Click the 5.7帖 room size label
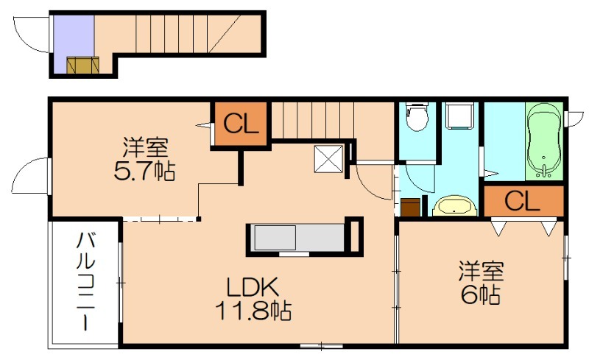[x=144, y=172]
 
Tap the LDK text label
[x=252, y=288]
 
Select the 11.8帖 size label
[x=253, y=311]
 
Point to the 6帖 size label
[x=480, y=294]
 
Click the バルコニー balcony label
[x=86, y=282]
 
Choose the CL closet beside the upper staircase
[x=241, y=124]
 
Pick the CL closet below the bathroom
[x=523, y=201]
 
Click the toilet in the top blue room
[x=417, y=116]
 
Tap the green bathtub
[x=544, y=141]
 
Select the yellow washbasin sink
[x=454, y=206]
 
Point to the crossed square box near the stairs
[x=329, y=158]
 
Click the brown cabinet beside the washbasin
[x=411, y=207]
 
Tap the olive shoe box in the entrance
[x=83, y=66]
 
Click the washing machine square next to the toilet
[x=459, y=116]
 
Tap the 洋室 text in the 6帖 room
[x=482, y=272]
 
